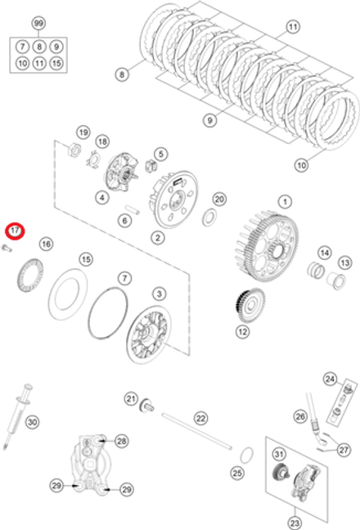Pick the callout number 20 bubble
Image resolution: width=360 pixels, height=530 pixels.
[x=218, y=199]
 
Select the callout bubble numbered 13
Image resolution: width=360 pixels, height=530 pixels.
[x=344, y=263]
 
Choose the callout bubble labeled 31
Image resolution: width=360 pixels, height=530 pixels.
[x=278, y=455]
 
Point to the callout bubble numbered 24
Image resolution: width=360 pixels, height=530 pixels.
[x=330, y=379]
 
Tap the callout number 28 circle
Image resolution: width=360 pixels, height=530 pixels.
[x=121, y=441]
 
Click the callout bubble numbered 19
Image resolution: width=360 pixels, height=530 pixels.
[x=83, y=132]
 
